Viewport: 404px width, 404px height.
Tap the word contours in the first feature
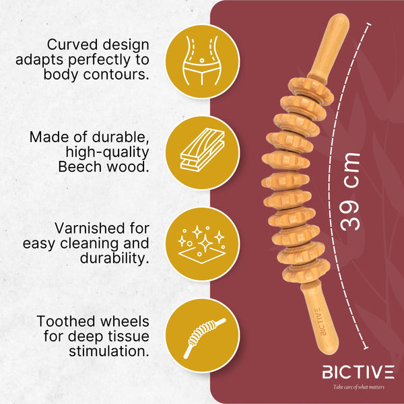point(116,75)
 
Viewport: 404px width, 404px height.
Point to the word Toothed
point(67,321)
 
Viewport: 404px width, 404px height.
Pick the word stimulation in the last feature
point(109,351)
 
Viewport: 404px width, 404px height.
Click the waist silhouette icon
point(202,61)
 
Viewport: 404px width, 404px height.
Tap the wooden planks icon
point(203,149)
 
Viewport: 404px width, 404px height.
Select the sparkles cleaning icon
point(202,244)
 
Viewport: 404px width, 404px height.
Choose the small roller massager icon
point(203,337)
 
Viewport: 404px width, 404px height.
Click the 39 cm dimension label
point(349,192)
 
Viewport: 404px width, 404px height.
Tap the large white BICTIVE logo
point(358,372)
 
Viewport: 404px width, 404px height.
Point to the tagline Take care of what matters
point(359,387)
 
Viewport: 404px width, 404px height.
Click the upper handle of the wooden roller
point(329,48)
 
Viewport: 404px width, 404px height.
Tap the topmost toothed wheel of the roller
point(310,90)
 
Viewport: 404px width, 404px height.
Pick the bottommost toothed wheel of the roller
point(306,271)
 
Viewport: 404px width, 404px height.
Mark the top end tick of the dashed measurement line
point(369,24)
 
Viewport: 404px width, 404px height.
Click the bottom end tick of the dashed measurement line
point(365,348)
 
